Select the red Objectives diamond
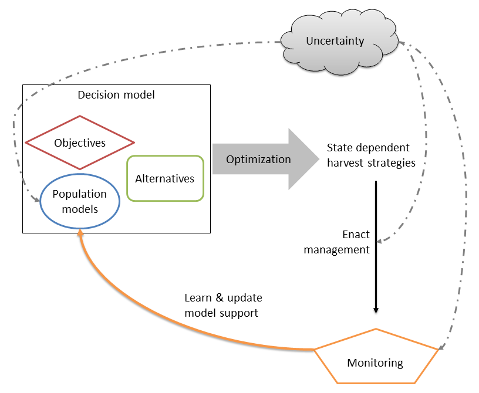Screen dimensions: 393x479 pos(80,143)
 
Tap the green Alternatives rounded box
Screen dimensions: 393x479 pos(165,178)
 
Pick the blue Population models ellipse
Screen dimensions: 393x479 pos(80,201)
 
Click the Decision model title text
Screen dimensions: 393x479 pos(116,94)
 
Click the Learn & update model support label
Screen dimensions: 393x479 pos(221,306)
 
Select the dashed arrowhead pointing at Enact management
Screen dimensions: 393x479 pos(380,240)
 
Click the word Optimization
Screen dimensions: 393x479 pos(258,159)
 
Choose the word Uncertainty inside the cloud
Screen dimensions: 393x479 pos(335,41)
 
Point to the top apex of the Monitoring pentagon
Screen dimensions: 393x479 pos(376,329)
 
